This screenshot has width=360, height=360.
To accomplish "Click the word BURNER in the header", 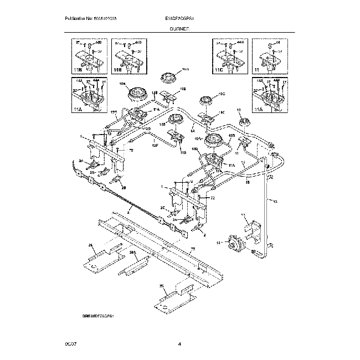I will [180, 33].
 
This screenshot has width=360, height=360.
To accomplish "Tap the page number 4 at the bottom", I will [180, 344].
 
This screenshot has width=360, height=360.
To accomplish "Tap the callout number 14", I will [218, 243].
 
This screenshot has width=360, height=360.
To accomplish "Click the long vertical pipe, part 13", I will [268, 210].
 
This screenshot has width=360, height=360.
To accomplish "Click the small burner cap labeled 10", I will [244, 121].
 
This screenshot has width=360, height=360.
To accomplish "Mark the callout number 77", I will [193, 250].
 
